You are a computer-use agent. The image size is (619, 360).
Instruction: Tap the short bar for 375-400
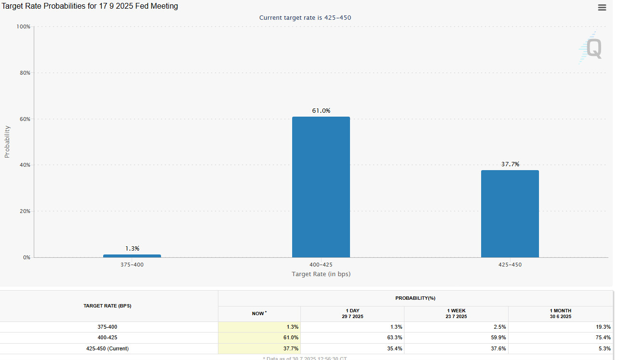click(x=132, y=256)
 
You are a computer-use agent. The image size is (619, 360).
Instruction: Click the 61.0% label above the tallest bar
click(x=321, y=111)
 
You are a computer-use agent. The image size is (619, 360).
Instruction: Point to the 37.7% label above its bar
click(x=510, y=164)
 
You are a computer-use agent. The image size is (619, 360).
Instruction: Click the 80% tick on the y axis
click(x=24, y=73)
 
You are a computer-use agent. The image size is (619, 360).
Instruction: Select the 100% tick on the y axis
click(x=23, y=27)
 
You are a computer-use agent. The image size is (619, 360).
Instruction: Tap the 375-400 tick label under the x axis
click(x=132, y=265)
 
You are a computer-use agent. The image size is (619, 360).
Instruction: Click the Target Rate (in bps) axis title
click(x=321, y=274)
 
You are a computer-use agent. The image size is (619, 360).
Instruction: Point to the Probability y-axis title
click(x=7, y=142)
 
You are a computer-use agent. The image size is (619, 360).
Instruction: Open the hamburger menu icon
click(x=602, y=7)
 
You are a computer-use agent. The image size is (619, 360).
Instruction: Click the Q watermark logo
click(x=591, y=49)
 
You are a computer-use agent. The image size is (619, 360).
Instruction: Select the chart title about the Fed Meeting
click(x=90, y=6)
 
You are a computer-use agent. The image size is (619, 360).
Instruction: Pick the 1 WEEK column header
click(x=456, y=314)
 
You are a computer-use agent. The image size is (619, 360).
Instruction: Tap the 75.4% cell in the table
click(x=603, y=338)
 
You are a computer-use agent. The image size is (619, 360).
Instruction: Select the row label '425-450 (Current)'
click(x=107, y=348)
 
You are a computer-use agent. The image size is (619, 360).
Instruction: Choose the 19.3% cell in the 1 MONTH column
click(x=603, y=327)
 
